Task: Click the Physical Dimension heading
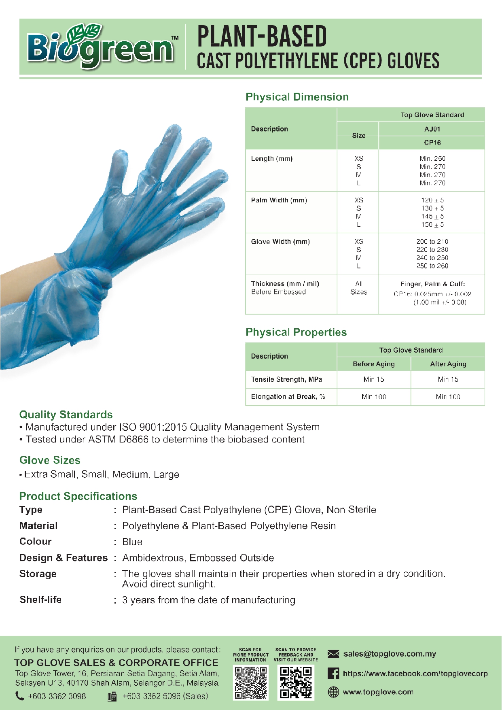[x=297, y=97]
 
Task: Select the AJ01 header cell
[x=432, y=129]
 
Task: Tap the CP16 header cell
[x=432, y=142]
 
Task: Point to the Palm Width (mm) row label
[x=279, y=200]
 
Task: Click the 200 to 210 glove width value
[x=432, y=242]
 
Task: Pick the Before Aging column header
[x=373, y=364]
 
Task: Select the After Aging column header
[x=448, y=364]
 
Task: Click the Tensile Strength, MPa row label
[x=286, y=379]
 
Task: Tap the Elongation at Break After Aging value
[x=448, y=397]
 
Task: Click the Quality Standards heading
[x=66, y=415]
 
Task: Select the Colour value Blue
[x=132, y=542]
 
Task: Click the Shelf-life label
[x=40, y=600]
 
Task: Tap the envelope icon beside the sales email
[x=333, y=654]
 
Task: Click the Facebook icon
[x=333, y=674]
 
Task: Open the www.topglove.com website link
[x=378, y=692]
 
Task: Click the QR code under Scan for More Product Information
[x=251, y=683]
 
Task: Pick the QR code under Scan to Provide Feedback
[x=296, y=683]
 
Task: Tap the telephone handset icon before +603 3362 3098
[x=19, y=696]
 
